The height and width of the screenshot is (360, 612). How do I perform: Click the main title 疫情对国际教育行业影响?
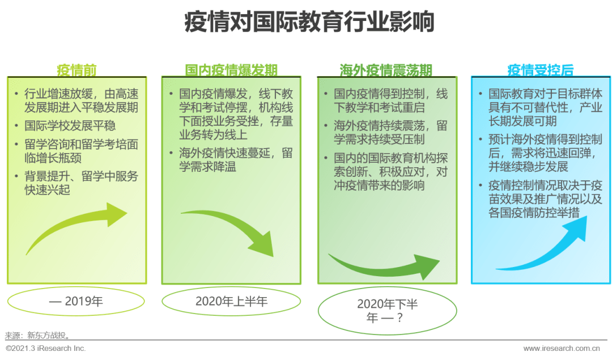coord(309,22)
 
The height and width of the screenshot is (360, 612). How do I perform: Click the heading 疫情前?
coord(76,70)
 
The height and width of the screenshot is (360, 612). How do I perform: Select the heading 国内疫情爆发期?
coord(231,70)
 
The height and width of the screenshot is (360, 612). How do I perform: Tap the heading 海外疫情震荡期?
coord(386,70)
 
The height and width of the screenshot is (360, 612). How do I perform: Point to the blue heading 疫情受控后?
coord(541,70)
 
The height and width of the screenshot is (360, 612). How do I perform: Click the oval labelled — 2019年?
coord(76,301)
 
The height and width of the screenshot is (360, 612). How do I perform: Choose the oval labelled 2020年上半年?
coord(231,301)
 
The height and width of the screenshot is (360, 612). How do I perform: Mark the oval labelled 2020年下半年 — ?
coord(387,311)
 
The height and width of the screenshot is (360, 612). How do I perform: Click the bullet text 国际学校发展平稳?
coord(70,126)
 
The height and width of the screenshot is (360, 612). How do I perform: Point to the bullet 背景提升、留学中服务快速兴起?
coord(81,183)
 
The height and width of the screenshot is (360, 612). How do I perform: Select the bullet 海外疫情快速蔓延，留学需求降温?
coord(236,160)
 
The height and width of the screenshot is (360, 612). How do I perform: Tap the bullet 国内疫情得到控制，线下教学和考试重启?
coord(390,101)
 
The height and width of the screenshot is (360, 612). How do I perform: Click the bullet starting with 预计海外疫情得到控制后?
coord(545,153)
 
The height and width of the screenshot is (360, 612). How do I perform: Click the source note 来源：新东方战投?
coord(38,336)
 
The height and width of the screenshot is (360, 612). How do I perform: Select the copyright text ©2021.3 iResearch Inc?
coord(46,348)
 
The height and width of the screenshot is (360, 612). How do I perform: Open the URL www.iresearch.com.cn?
coord(562,348)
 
